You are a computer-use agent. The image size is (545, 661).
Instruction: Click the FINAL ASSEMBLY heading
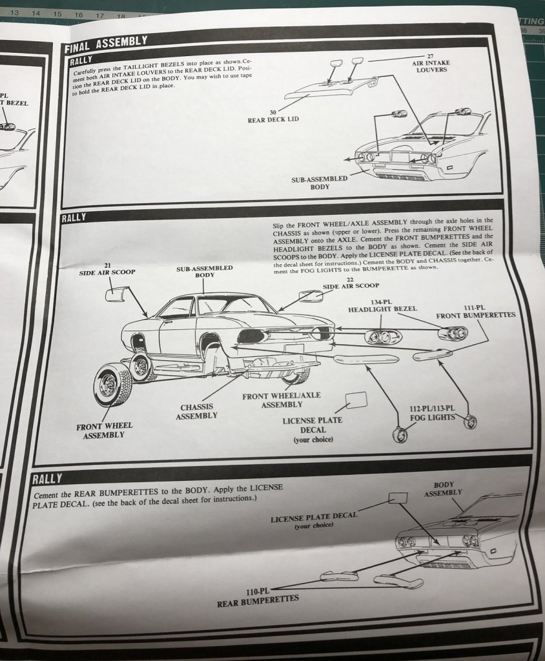coord(106,44)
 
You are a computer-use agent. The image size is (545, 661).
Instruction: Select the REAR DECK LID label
coord(273,116)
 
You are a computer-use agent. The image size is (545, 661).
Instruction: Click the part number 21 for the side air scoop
coord(107,265)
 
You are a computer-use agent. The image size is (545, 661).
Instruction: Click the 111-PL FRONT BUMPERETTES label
coord(475,311)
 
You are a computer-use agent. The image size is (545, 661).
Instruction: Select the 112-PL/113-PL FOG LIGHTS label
coord(432,412)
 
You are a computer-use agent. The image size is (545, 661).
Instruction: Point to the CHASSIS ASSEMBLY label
coord(197,412)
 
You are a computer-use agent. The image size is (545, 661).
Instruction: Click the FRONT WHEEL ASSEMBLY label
coord(104,430)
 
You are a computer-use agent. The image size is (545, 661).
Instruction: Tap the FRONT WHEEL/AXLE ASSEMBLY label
coord(282,400)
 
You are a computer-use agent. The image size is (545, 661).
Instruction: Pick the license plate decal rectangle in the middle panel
coord(356,400)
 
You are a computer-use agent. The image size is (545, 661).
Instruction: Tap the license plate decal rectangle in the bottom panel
coord(398,497)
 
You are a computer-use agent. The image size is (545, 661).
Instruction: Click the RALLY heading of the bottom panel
coord(47,478)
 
